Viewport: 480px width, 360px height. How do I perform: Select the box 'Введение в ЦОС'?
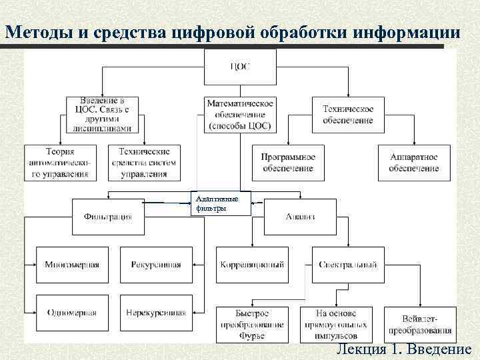click(x=103, y=114)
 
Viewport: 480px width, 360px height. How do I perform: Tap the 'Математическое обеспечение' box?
click(x=240, y=114)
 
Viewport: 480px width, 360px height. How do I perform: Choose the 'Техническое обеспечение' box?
click(x=347, y=114)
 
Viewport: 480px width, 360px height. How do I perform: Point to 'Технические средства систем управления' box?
click(x=149, y=163)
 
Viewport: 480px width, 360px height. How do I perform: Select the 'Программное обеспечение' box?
click(x=288, y=163)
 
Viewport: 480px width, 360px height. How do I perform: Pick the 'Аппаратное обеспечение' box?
click(x=414, y=163)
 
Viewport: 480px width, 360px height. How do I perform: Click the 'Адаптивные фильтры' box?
click(x=220, y=203)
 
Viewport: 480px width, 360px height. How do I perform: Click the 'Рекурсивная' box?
click(x=156, y=265)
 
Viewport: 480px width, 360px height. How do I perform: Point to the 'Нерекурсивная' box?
click(x=156, y=313)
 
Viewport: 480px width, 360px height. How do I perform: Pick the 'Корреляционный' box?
click(x=252, y=265)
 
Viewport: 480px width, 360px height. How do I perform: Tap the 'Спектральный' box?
click(x=347, y=265)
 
